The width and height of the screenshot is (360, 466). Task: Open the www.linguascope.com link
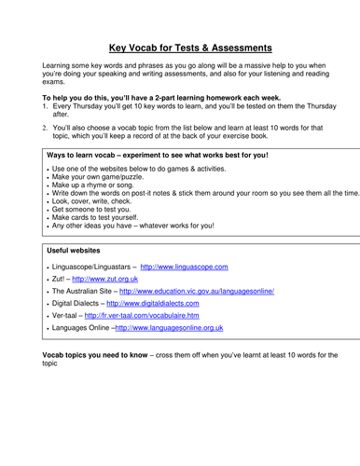point(184,266)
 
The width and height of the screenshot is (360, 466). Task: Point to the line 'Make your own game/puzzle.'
point(100,176)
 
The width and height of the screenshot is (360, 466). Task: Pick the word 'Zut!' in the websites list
point(59,278)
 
